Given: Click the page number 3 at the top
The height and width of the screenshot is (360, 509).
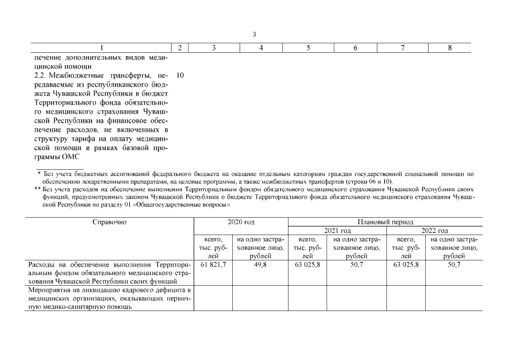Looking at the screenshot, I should pos(254,34).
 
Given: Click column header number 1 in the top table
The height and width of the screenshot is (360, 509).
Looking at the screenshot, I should pos(101,48).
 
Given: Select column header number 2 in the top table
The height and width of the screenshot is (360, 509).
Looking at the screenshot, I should pos(179,48).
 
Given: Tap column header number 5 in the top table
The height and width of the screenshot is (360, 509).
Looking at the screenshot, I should pos(308,48).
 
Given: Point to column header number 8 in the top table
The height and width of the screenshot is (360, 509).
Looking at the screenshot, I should pos(450,48).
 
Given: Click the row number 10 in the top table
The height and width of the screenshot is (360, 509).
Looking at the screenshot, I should pos(180,75).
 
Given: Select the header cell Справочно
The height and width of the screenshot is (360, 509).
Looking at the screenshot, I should pos(110,222).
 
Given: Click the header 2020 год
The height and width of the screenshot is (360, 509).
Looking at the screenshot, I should pos(241,222).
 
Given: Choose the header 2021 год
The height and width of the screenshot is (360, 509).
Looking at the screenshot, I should pos(337,231).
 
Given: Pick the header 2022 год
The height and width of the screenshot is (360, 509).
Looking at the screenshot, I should pos(434,231).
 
